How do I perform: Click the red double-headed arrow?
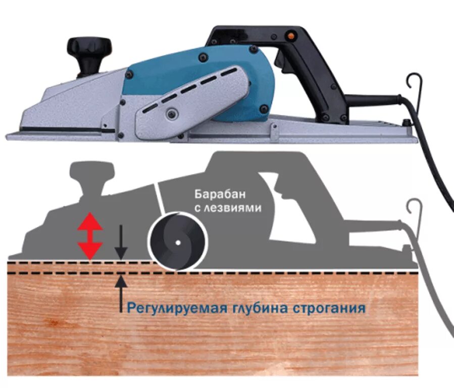point(89,236)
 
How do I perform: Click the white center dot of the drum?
point(178,243)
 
